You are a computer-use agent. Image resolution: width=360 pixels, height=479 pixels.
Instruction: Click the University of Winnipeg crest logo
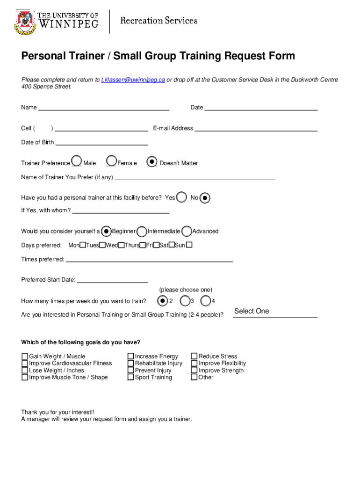(25, 22)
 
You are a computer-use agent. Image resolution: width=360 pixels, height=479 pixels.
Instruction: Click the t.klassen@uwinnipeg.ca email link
(133, 80)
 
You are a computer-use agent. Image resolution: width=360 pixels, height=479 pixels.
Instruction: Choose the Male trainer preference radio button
(77, 161)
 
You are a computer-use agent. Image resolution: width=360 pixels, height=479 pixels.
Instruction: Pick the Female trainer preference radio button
(111, 161)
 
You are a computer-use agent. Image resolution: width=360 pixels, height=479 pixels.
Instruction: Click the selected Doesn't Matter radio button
(152, 161)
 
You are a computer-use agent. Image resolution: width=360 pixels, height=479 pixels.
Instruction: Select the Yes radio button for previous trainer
(182, 197)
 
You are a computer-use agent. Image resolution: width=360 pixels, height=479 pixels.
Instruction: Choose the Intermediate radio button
(142, 231)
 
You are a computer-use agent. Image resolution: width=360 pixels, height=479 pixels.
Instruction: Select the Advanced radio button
(187, 231)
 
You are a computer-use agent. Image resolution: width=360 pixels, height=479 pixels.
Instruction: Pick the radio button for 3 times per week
(185, 300)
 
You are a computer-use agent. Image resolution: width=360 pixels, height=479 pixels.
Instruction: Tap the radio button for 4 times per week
(206, 300)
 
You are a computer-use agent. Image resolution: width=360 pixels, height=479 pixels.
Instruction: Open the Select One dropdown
(275, 312)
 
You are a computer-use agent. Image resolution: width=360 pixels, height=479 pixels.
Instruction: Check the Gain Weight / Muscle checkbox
(25, 356)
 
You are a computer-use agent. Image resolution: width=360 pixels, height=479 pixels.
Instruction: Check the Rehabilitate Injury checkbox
(131, 363)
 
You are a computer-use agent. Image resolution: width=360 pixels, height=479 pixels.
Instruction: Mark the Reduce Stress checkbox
(194, 356)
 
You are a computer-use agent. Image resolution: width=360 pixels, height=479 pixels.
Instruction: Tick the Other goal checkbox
(194, 377)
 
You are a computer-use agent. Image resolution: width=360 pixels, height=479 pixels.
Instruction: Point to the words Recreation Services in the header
(159, 21)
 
